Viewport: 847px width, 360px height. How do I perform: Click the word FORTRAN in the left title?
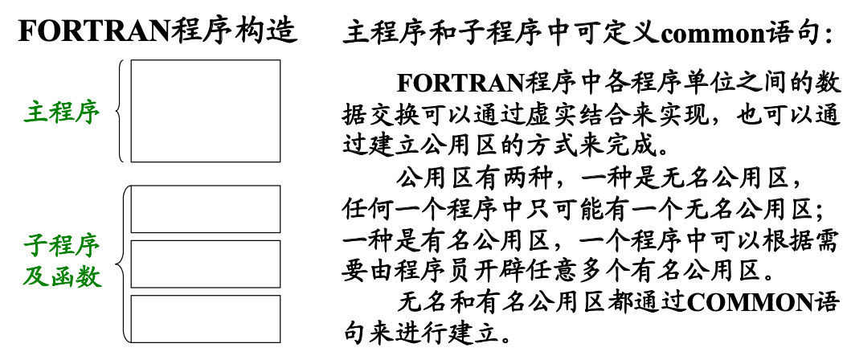[95, 32]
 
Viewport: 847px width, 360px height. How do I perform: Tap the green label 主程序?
[62, 113]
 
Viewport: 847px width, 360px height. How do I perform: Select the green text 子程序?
[62, 247]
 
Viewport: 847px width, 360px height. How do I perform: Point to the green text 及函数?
[62, 277]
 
